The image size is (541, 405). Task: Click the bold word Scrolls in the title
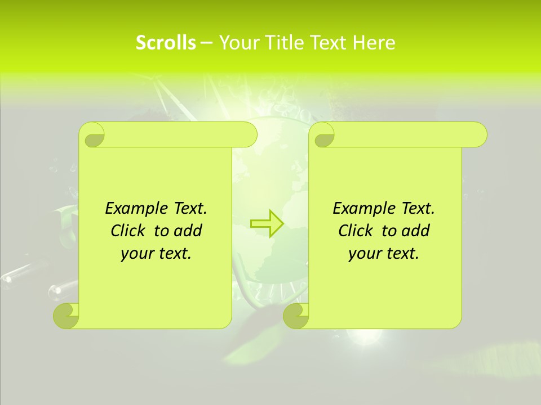coord(166,43)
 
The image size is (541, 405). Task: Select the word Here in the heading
coord(374,43)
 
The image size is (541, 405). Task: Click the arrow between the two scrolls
coord(267,223)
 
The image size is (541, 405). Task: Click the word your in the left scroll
coord(136,254)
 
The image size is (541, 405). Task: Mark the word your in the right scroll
coord(363,254)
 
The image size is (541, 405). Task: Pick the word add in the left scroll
coord(188,231)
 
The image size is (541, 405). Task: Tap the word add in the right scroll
coord(416,231)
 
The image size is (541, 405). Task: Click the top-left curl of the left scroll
coord(92,135)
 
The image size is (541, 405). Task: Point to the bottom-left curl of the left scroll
coord(66,316)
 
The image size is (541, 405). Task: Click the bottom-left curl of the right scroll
coord(295,316)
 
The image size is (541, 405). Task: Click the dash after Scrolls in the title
coord(206,43)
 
